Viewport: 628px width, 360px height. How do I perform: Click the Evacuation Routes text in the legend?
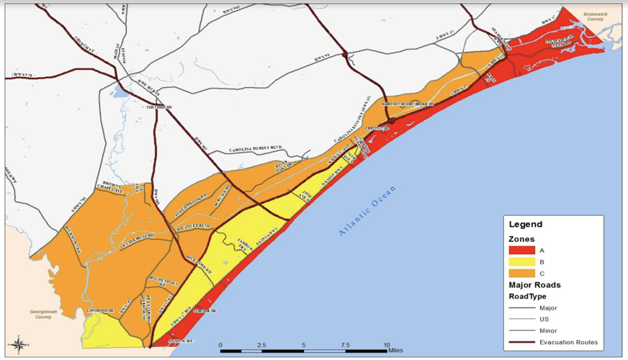[x=568, y=342]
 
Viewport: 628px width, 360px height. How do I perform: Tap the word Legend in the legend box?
[x=526, y=224]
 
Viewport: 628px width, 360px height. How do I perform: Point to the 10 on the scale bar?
[x=387, y=346]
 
